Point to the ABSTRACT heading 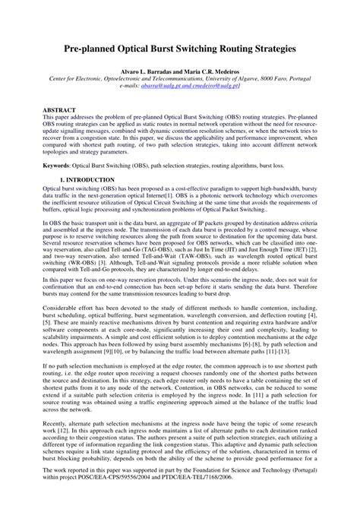[x=58, y=110]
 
